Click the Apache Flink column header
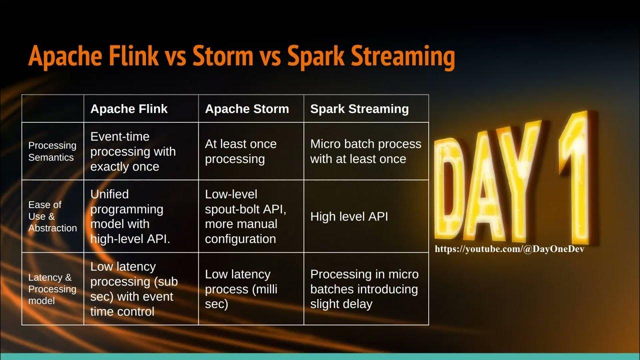coord(129,109)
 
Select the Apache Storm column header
coord(247,109)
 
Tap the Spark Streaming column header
coord(359,109)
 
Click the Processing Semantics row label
coord(52,151)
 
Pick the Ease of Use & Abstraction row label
coord(52,216)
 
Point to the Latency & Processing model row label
coord(52,289)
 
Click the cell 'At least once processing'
coord(240,151)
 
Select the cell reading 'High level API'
coord(349,216)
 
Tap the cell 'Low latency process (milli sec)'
coord(241,289)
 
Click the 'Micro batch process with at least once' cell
coord(365,151)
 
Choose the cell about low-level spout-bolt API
coord(245,216)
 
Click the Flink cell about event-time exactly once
coord(133,151)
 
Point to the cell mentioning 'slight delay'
coord(364,289)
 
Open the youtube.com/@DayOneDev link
coord(509,249)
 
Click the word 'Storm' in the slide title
coord(221,55)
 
